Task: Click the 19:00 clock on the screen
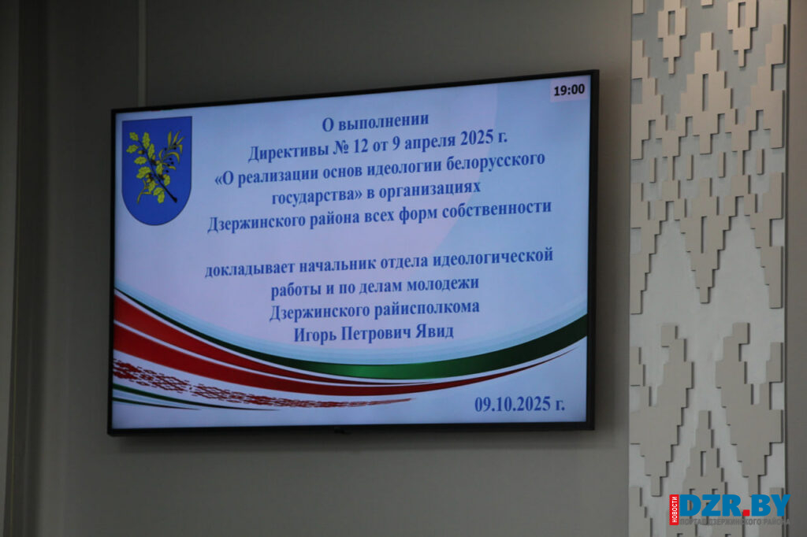569,91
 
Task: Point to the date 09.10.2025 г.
519,404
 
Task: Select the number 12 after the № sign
361,146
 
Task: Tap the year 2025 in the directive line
477,139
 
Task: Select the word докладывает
250,268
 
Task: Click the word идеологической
493,257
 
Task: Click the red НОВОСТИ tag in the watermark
675,509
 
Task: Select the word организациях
430,191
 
